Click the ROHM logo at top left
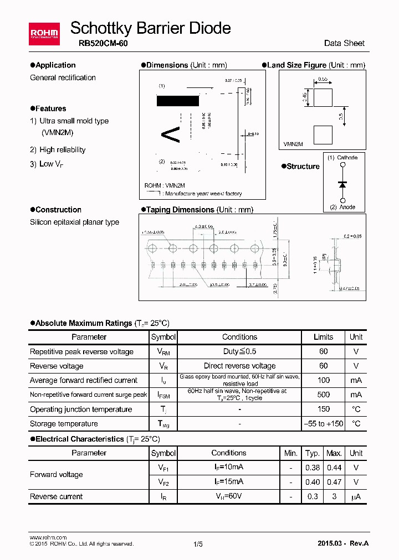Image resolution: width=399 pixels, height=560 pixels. (44, 34)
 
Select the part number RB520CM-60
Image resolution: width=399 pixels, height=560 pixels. (99, 43)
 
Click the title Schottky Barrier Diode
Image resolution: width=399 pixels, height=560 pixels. (150, 28)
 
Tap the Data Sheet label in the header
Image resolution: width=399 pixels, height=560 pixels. (344, 43)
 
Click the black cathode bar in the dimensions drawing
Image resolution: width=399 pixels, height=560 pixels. (178, 101)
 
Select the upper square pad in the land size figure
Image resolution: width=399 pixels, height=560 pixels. (323, 97)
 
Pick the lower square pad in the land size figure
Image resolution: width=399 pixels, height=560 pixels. (323, 134)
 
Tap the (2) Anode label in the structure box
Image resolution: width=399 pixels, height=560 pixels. (342, 207)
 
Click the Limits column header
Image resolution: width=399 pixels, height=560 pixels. (323, 337)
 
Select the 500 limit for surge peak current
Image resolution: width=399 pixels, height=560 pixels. (323, 395)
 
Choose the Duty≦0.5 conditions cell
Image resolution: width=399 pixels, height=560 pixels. (239, 351)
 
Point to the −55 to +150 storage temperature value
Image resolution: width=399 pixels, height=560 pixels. (323, 424)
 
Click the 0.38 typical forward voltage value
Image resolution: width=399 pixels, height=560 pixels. (313, 468)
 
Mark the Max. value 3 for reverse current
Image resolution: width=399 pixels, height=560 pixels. (334, 496)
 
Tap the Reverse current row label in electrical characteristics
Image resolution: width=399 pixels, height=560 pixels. (57, 496)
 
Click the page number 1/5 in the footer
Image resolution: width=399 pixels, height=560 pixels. (198, 544)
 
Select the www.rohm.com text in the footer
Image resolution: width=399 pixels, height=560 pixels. (48, 537)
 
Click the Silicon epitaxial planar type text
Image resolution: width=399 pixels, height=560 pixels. (74, 222)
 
